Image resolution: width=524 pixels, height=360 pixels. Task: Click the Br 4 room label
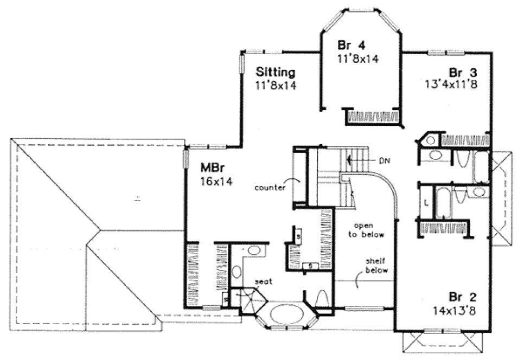coord(350,45)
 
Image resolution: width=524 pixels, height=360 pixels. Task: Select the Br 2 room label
coord(462,298)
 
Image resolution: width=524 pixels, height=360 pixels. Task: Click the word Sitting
coord(275,72)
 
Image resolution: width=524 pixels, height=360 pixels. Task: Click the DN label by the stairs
coord(385,160)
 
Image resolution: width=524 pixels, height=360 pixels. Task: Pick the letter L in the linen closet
coord(426,203)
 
